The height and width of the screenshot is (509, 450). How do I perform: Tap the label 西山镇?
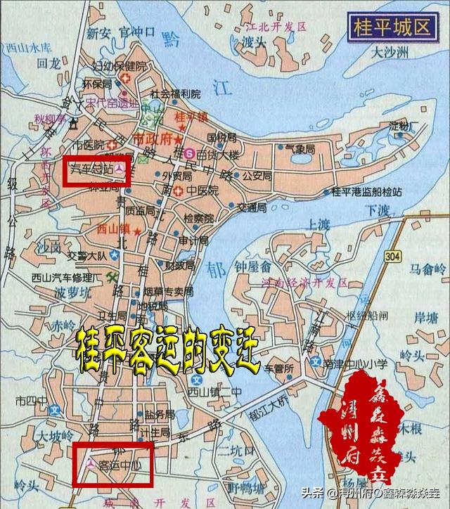(115, 229)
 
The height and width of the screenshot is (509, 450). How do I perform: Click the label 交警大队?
(87, 256)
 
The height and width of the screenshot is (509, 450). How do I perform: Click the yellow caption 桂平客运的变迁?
(167, 349)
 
